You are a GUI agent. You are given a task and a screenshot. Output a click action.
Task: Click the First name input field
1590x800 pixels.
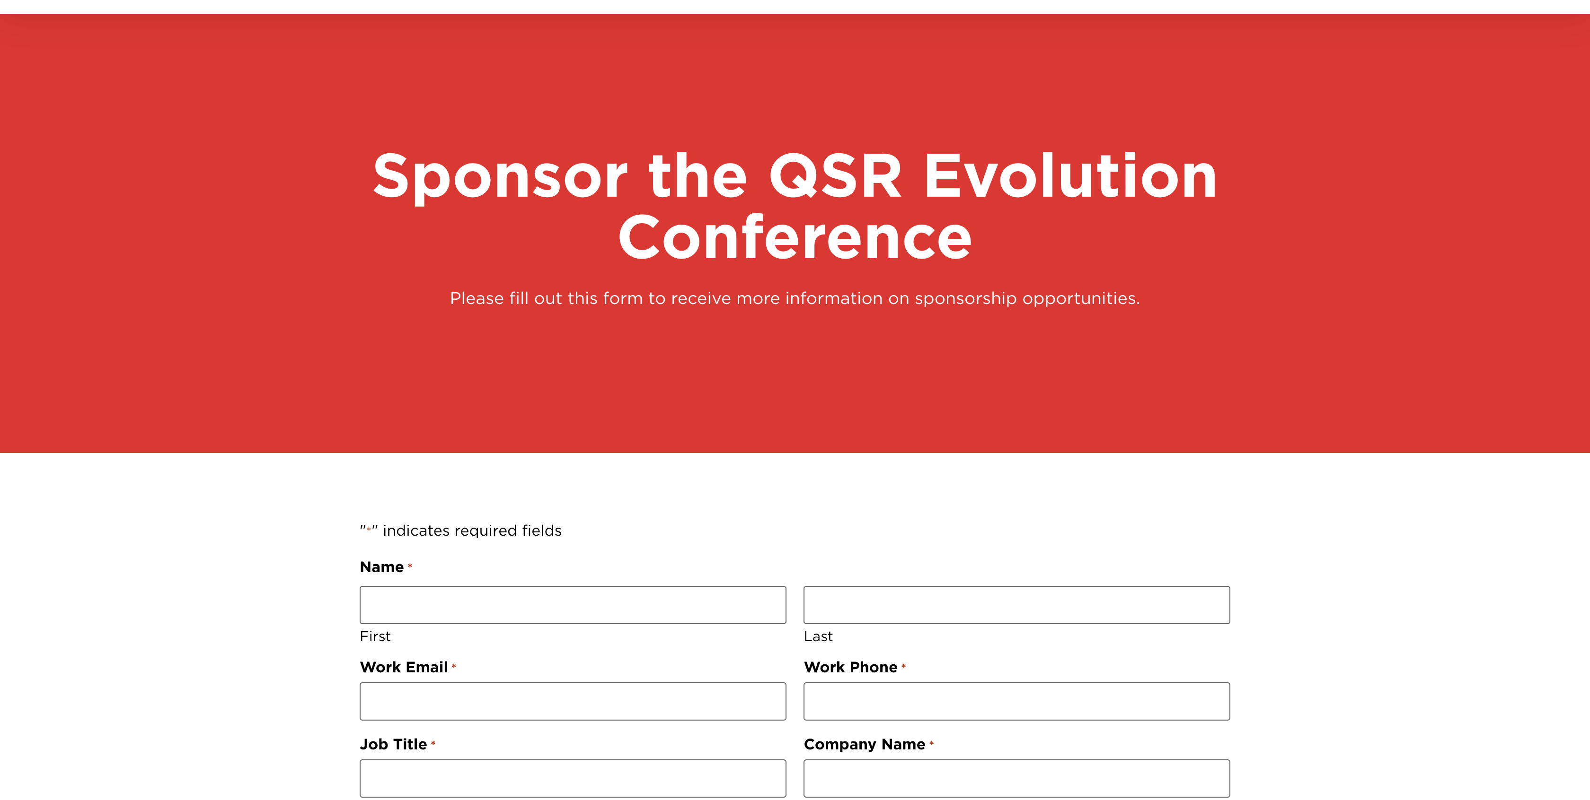573,604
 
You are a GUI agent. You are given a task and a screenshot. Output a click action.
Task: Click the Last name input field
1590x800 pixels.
1016,604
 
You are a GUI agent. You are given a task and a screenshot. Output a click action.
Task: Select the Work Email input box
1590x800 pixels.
573,701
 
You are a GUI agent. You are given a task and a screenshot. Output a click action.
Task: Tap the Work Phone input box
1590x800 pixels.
1016,701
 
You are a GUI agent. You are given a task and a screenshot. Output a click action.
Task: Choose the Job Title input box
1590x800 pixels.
573,778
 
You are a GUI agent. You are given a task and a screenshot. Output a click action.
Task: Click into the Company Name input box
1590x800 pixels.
1016,778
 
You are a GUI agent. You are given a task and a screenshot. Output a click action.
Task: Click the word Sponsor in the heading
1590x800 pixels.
501,178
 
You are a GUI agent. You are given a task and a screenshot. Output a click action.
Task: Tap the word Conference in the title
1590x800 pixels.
795,237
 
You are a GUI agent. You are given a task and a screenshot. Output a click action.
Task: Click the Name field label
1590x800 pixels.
381,567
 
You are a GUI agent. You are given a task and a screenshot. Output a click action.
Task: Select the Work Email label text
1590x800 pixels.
404,667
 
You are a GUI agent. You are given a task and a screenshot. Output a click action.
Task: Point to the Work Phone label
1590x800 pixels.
850,667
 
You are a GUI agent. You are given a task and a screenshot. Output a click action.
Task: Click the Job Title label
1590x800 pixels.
393,744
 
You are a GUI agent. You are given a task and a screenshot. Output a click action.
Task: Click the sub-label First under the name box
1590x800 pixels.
375,636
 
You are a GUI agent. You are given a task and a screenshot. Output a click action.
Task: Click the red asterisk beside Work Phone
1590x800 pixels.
904,666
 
